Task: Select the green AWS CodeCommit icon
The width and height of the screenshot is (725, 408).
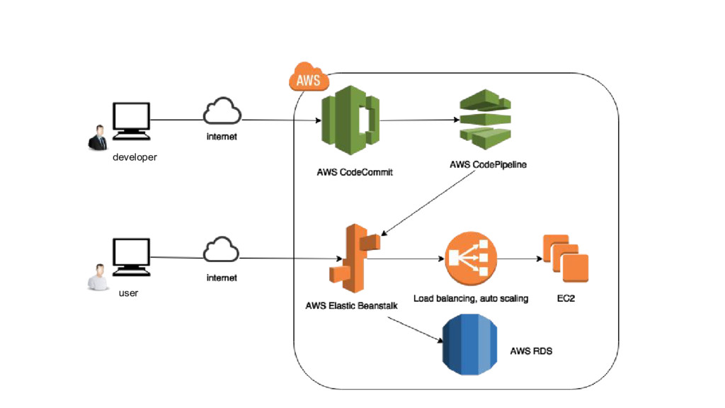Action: [349, 120]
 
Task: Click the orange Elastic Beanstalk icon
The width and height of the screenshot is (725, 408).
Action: [355, 256]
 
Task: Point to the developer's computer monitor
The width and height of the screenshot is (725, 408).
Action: [132, 119]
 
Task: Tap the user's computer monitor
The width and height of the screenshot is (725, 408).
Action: [132, 256]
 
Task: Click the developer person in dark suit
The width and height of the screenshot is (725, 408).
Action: [97, 138]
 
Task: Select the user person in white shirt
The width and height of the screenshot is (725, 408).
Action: [97, 277]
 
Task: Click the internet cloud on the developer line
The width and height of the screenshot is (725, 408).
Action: [222, 113]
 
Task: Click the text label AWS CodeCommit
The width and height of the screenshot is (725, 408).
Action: [355, 172]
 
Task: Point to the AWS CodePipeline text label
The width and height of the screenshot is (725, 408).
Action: [488, 165]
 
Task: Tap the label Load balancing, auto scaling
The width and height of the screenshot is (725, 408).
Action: [471, 299]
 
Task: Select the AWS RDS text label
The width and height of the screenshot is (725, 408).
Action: [531, 351]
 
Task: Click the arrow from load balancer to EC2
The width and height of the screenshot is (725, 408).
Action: [517, 259]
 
